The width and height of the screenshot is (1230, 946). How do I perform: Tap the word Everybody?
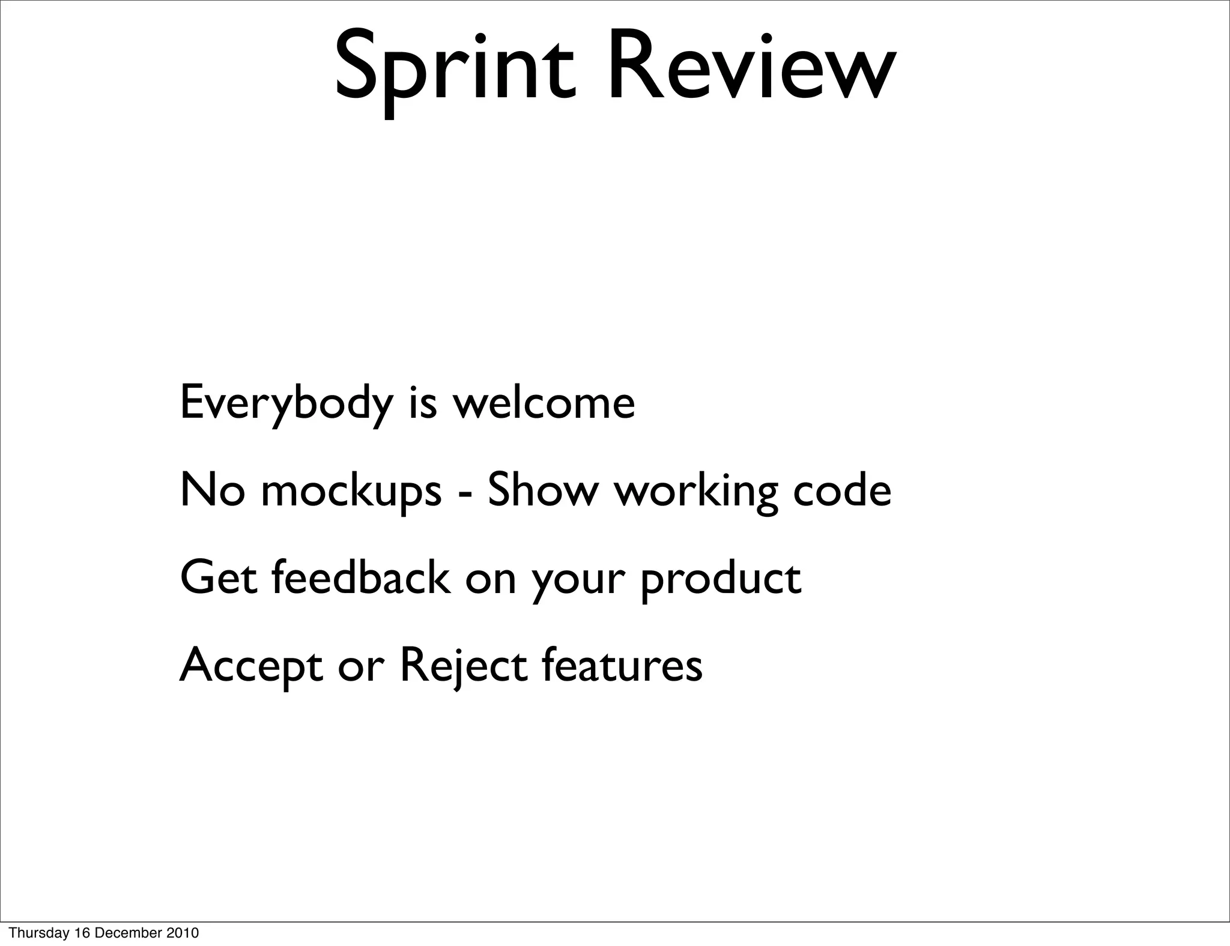coord(286,403)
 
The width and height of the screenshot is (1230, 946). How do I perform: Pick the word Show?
coord(543,490)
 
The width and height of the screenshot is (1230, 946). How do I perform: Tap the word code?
coord(842,490)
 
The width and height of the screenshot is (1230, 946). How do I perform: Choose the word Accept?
coord(252,666)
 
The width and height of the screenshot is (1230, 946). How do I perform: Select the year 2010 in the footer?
coord(183,933)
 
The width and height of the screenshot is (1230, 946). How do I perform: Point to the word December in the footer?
coord(129,933)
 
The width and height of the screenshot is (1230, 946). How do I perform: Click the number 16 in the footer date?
coord(82,933)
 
